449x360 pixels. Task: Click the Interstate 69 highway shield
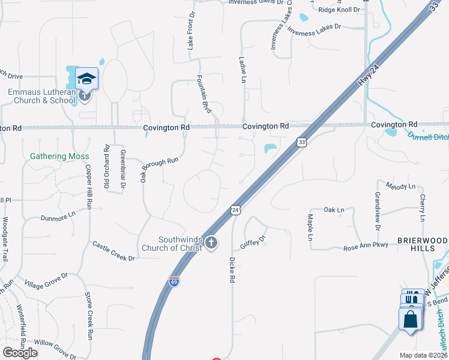point(173,281)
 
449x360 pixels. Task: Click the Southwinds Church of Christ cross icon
point(211,242)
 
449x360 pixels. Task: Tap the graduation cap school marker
point(86,79)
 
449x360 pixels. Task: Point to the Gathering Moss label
point(59,157)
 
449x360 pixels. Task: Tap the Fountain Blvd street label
point(205,94)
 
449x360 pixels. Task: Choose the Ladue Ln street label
point(243,70)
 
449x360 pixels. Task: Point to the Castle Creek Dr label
point(113,251)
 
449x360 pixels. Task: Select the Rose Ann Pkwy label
point(367,247)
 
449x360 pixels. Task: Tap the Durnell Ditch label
point(429,136)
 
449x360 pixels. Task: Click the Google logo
point(20,352)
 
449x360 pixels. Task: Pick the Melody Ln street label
point(401,186)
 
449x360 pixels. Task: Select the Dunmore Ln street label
point(58,216)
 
